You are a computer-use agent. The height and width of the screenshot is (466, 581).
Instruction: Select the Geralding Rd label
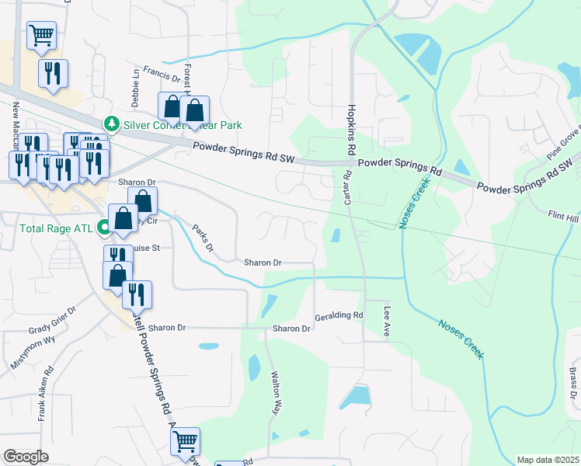[339, 316]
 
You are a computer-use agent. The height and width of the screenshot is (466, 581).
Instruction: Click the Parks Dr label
[203, 243]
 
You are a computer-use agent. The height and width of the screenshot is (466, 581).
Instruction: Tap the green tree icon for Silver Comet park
[112, 123]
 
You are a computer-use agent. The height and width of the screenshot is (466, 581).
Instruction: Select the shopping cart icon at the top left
[41, 34]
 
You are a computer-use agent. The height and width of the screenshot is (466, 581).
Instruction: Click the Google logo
[26, 457]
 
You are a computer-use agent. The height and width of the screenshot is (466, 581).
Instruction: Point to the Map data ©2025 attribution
[547, 460]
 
